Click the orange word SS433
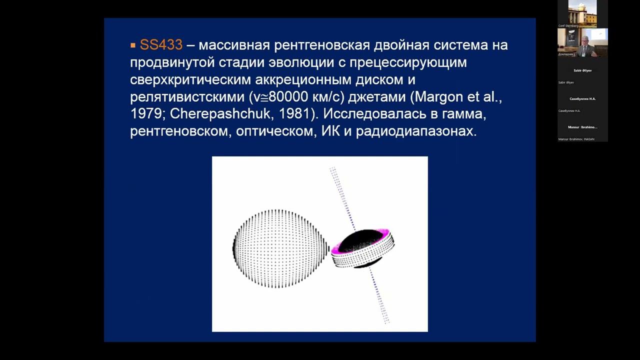click(x=161, y=45)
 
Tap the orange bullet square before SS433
click(x=133, y=45)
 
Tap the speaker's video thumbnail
click(x=582, y=42)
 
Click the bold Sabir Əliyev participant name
click(x=582, y=70)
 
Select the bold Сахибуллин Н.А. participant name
click(x=582, y=99)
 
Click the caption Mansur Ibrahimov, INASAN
click(x=576, y=139)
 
